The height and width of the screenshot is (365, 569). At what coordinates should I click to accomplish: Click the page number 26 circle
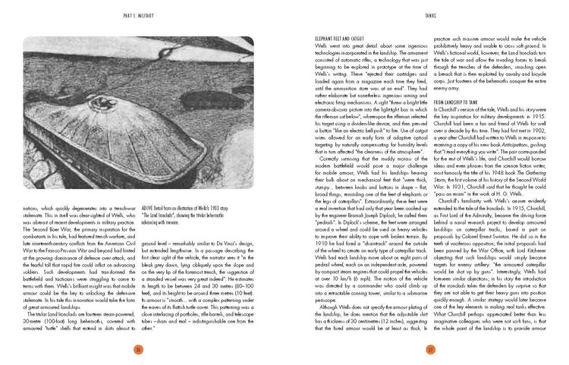tap(139, 348)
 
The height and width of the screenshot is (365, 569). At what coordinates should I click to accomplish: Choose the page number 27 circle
tap(429, 348)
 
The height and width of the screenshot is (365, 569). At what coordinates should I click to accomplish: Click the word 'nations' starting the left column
tap(30, 185)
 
